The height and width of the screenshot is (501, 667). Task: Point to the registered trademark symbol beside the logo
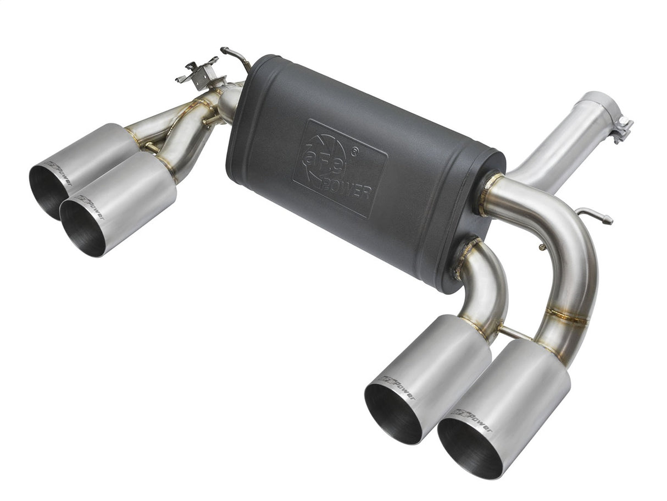click(x=357, y=148)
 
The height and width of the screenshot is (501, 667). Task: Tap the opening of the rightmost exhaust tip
click(x=470, y=449)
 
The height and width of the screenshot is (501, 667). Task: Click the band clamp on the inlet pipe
click(x=621, y=126)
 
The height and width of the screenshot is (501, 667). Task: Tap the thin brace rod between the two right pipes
click(x=515, y=332)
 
